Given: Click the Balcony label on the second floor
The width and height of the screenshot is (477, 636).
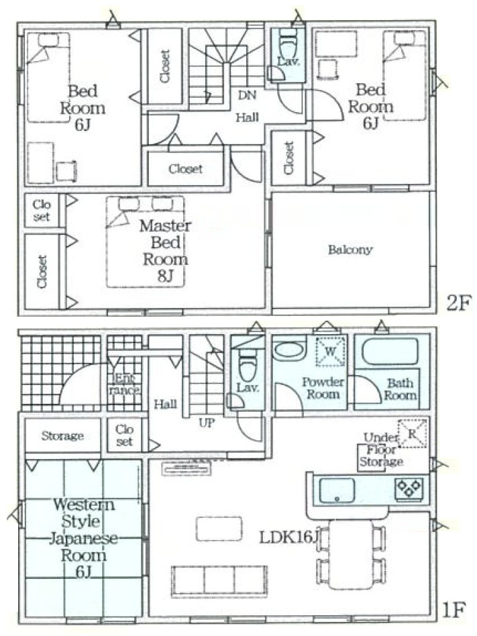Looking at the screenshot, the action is (350, 249).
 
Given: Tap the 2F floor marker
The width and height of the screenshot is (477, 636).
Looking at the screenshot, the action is (459, 303).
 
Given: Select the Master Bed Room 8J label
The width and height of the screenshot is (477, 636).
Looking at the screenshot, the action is (165, 251).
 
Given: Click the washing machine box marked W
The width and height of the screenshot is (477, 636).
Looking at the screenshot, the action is (330, 351).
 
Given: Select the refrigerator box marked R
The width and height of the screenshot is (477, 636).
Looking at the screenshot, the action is (412, 433).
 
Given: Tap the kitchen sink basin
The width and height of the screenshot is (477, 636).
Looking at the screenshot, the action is (337, 490).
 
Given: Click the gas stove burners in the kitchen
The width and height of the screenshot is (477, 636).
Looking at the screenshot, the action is (409, 488).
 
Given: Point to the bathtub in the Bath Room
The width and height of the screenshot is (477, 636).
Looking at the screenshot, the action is (390, 352).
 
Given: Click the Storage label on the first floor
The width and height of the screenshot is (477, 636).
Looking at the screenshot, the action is (62, 436).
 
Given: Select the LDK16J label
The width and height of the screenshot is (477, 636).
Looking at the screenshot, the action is (288, 537).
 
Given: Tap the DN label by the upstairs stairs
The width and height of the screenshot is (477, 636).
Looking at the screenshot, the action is (247, 95).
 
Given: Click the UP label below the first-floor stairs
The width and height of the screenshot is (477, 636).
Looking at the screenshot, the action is (207, 423).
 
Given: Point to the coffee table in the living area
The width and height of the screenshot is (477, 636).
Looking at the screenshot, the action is (219, 529).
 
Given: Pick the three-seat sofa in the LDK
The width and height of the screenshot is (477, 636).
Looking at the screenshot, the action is (219, 582).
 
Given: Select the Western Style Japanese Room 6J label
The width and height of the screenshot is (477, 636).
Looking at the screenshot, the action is (83, 538).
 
